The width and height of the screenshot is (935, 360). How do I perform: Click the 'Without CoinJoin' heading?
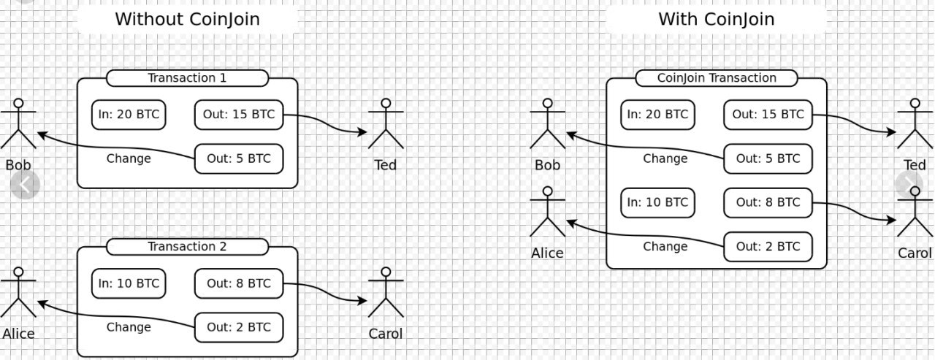pos(187,19)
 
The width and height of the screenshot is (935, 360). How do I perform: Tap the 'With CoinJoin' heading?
pos(717,19)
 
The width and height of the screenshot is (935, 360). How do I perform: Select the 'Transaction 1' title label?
pos(187,78)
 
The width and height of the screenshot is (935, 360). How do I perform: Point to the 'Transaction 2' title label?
pos(187,247)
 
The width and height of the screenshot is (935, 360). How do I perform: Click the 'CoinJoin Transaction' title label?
pos(717,78)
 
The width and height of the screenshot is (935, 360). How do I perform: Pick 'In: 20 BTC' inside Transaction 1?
pos(129,115)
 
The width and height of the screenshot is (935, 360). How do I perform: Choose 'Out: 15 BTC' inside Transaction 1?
pos(238,115)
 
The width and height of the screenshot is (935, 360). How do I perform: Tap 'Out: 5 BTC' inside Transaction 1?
pos(238,158)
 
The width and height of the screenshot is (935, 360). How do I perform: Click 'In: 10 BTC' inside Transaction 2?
pos(129,283)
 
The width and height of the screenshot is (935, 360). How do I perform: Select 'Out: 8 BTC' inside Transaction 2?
pos(238,283)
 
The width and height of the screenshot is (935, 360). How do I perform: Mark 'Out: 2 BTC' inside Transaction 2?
pos(238,327)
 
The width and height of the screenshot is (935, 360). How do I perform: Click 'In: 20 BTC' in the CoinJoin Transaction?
pos(658,115)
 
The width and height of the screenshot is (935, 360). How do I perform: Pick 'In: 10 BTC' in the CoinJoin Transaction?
pos(658,202)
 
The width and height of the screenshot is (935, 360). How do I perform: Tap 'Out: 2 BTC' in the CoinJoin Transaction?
pos(768,246)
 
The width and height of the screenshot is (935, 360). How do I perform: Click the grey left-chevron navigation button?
pos(25,185)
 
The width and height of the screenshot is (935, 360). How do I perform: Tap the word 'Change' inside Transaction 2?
pos(129,327)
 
